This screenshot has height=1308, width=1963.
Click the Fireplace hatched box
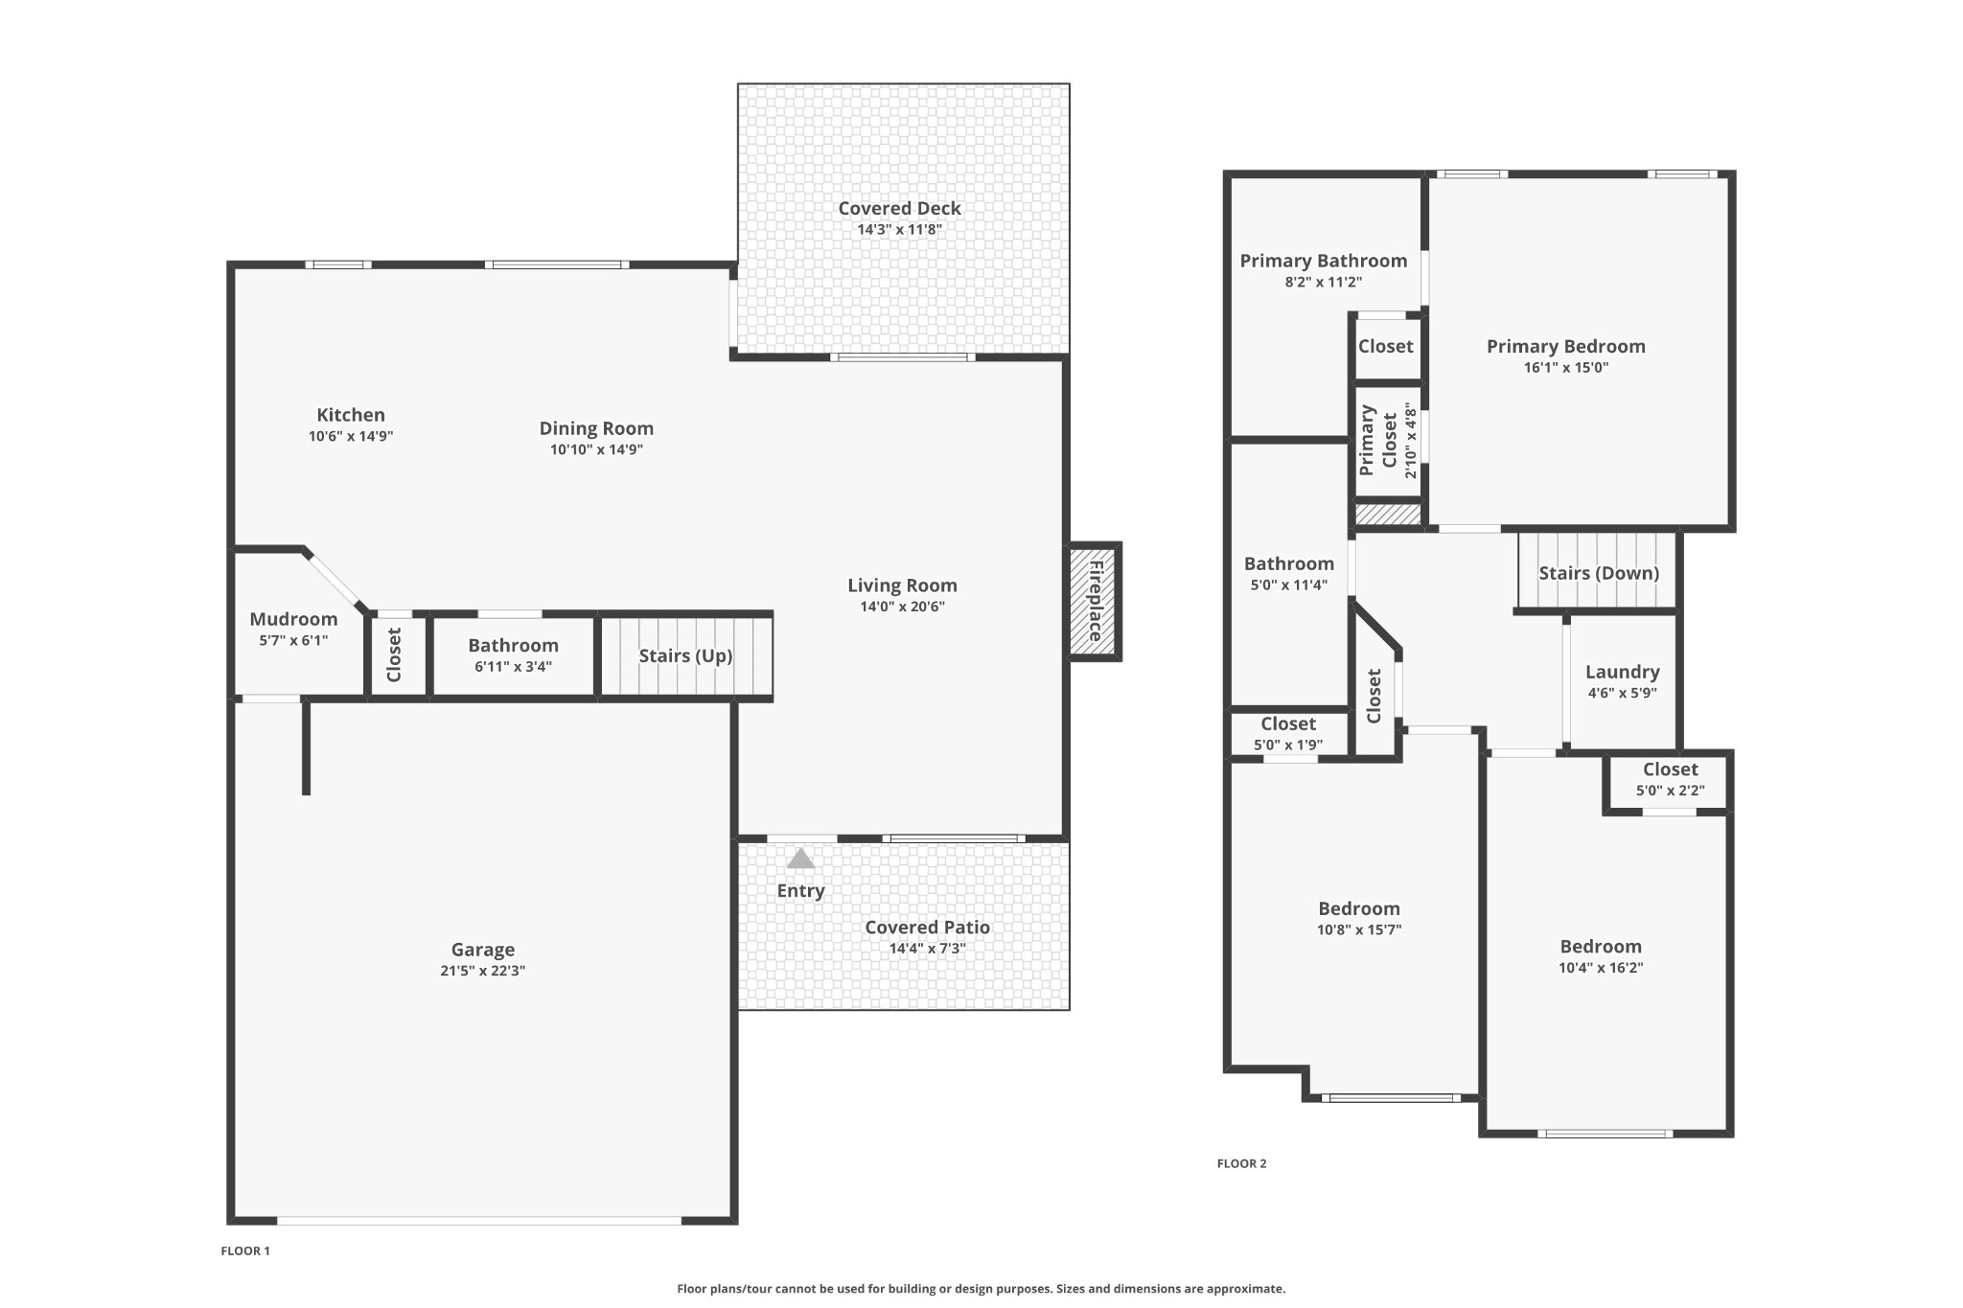[x=1095, y=601]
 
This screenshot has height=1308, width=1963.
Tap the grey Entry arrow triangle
[x=800, y=858]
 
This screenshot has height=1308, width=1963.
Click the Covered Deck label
[x=899, y=208]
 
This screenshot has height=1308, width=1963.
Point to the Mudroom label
[x=293, y=619]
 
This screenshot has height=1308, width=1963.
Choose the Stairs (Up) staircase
[x=685, y=655]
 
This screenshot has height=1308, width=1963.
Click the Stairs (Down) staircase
[x=1597, y=571]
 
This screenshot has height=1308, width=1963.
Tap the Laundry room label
[x=1622, y=673]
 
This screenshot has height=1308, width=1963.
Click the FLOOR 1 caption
[x=245, y=1251]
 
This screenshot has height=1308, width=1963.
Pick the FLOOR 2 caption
[x=1241, y=1163]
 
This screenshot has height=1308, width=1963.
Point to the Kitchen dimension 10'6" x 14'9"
[x=351, y=436]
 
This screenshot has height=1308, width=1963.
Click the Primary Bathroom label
[x=1323, y=261]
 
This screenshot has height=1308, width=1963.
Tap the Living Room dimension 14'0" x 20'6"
[x=902, y=607]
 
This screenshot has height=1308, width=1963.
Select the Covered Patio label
[x=927, y=928]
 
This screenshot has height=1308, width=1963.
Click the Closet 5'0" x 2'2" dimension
[x=1670, y=791]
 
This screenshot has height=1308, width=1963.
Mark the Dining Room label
[x=596, y=428]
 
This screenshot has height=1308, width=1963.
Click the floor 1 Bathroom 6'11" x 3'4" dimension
[x=513, y=667]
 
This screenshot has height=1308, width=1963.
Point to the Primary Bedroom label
[x=1565, y=346]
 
